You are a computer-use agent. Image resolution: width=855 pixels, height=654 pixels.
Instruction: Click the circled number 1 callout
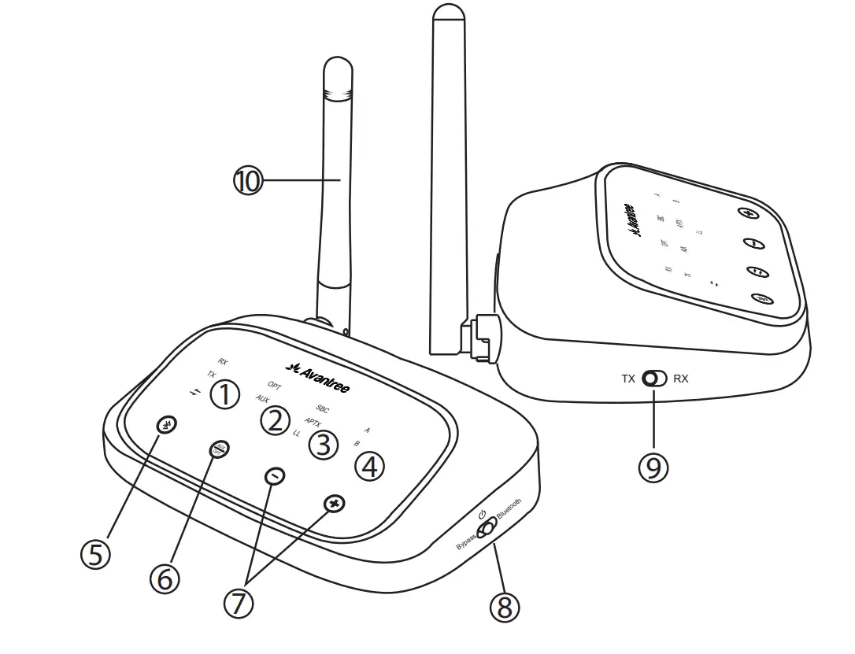coord(225,394)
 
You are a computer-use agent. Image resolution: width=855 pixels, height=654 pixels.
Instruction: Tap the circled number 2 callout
coord(273,420)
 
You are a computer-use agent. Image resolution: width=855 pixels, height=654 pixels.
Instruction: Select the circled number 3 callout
coord(321,445)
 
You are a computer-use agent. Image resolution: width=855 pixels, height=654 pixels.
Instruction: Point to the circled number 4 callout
coord(369,466)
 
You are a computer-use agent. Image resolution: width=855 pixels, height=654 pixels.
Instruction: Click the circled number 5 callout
coord(95,554)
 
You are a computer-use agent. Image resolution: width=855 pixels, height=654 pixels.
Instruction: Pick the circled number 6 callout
coord(165,578)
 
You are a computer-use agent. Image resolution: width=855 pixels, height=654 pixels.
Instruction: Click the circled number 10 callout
coord(247,182)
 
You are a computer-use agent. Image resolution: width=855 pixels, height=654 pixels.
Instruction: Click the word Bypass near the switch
coord(467,542)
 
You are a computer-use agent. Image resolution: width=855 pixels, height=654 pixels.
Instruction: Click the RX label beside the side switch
coord(680,379)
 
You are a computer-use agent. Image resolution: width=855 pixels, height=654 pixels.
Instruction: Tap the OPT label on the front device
coord(274,386)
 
